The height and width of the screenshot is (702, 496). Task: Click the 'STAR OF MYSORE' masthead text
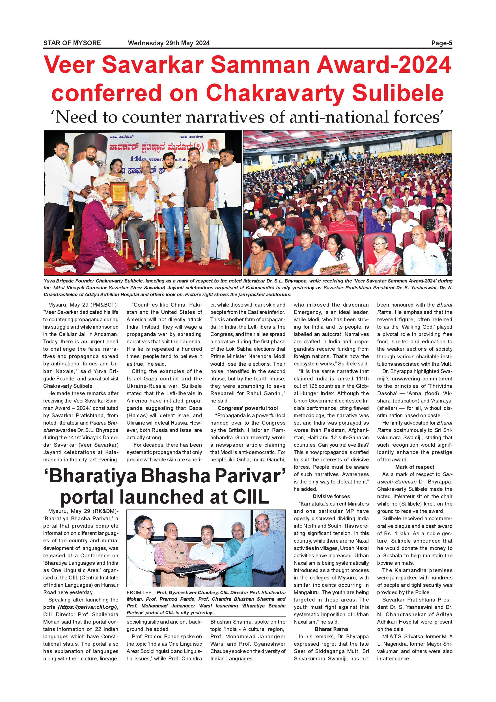coord(72,43)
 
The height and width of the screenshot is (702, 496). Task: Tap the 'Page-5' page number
coord(441,43)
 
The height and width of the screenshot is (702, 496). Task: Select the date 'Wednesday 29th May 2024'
coord(169,43)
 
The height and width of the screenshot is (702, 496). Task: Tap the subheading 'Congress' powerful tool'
coord(248,408)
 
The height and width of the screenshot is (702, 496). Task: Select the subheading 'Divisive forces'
coord(331,496)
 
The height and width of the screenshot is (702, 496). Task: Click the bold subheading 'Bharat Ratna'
coord(331,629)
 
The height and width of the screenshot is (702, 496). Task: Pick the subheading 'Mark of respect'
coord(415,467)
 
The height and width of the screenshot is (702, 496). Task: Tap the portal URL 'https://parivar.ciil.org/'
coord(88,607)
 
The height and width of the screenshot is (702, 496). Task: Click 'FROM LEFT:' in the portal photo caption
coord(141,592)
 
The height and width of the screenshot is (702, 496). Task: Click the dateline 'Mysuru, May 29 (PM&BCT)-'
coord(83,305)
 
